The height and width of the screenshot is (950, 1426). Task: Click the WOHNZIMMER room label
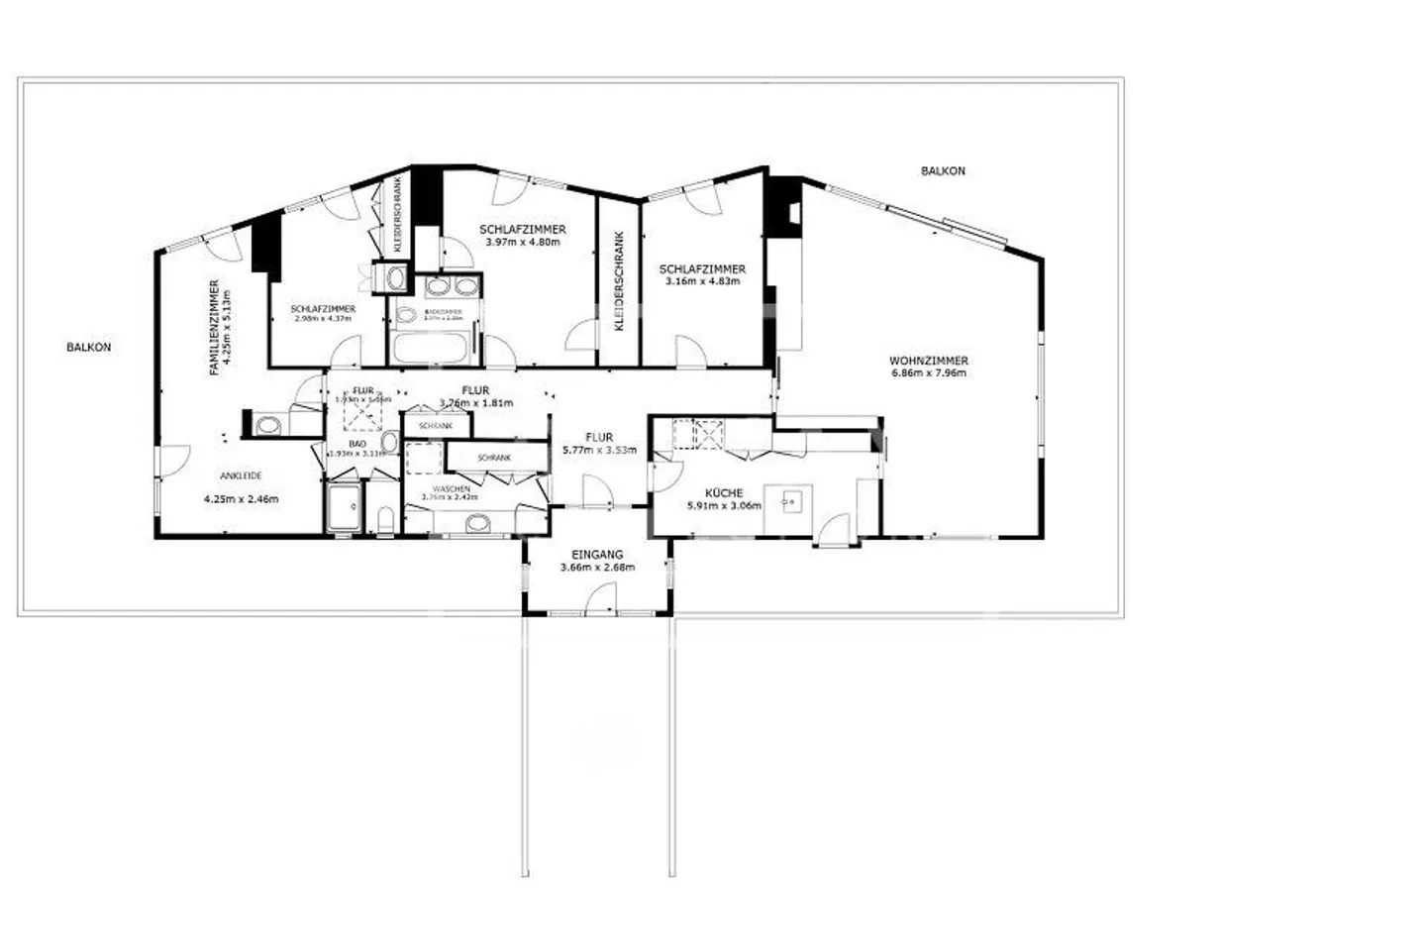tap(928, 361)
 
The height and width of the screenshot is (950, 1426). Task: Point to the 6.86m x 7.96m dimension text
tap(928, 373)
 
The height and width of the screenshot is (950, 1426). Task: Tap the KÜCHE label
tap(724, 492)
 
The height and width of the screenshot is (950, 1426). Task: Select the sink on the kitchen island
tap(789, 501)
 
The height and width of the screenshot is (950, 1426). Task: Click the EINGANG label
tap(597, 555)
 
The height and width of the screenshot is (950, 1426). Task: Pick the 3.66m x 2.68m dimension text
tap(597, 568)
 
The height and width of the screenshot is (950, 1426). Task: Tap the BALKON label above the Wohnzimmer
tap(942, 170)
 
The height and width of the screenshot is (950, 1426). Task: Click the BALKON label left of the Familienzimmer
tap(88, 347)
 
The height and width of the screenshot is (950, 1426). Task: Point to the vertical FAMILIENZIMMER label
tap(214, 327)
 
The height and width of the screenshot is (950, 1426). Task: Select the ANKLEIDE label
tap(240, 475)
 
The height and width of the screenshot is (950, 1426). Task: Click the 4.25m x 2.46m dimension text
tap(240, 499)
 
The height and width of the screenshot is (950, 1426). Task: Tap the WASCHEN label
tap(450, 488)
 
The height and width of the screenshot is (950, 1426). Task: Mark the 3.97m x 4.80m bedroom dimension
tap(522, 242)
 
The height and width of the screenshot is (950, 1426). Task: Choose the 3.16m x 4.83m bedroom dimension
tap(702, 281)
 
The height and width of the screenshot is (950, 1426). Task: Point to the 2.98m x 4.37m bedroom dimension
tap(323, 319)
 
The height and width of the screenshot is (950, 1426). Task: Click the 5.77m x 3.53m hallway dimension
tap(598, 450)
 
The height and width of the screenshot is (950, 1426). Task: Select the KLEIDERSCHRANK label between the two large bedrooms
tap(619, 281)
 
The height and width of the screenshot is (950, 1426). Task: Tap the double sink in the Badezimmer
tap(452, 287)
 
